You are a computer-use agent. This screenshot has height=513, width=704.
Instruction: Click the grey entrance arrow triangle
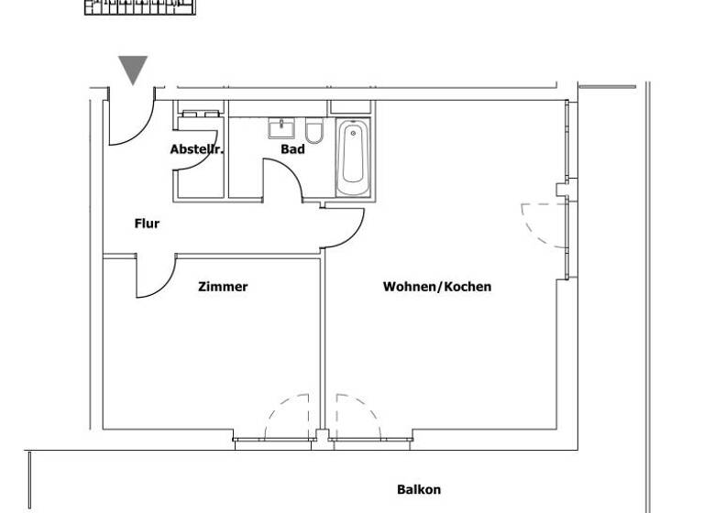[134, 69]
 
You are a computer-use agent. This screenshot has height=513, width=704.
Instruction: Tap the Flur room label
[147, 223]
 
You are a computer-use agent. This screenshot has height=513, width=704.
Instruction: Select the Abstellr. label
[196, 149]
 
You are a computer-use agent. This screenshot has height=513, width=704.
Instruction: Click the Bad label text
[292, 149]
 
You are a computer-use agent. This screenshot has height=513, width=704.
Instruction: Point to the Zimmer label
[223, 287]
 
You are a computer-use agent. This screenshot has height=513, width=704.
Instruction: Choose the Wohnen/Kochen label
[436, 287]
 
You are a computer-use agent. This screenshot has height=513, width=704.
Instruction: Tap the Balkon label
[419, 489]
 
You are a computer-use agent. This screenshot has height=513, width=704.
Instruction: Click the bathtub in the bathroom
[354, 158]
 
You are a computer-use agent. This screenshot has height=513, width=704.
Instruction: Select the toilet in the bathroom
[314, 133]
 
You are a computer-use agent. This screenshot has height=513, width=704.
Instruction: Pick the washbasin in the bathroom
[280, 129]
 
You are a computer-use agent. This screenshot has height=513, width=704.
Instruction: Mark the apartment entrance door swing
[128, 124]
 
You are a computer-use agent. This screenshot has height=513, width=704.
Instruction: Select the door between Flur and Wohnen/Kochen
[345, 229]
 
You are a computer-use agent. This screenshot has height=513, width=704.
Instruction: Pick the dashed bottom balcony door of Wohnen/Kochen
[357, 417]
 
